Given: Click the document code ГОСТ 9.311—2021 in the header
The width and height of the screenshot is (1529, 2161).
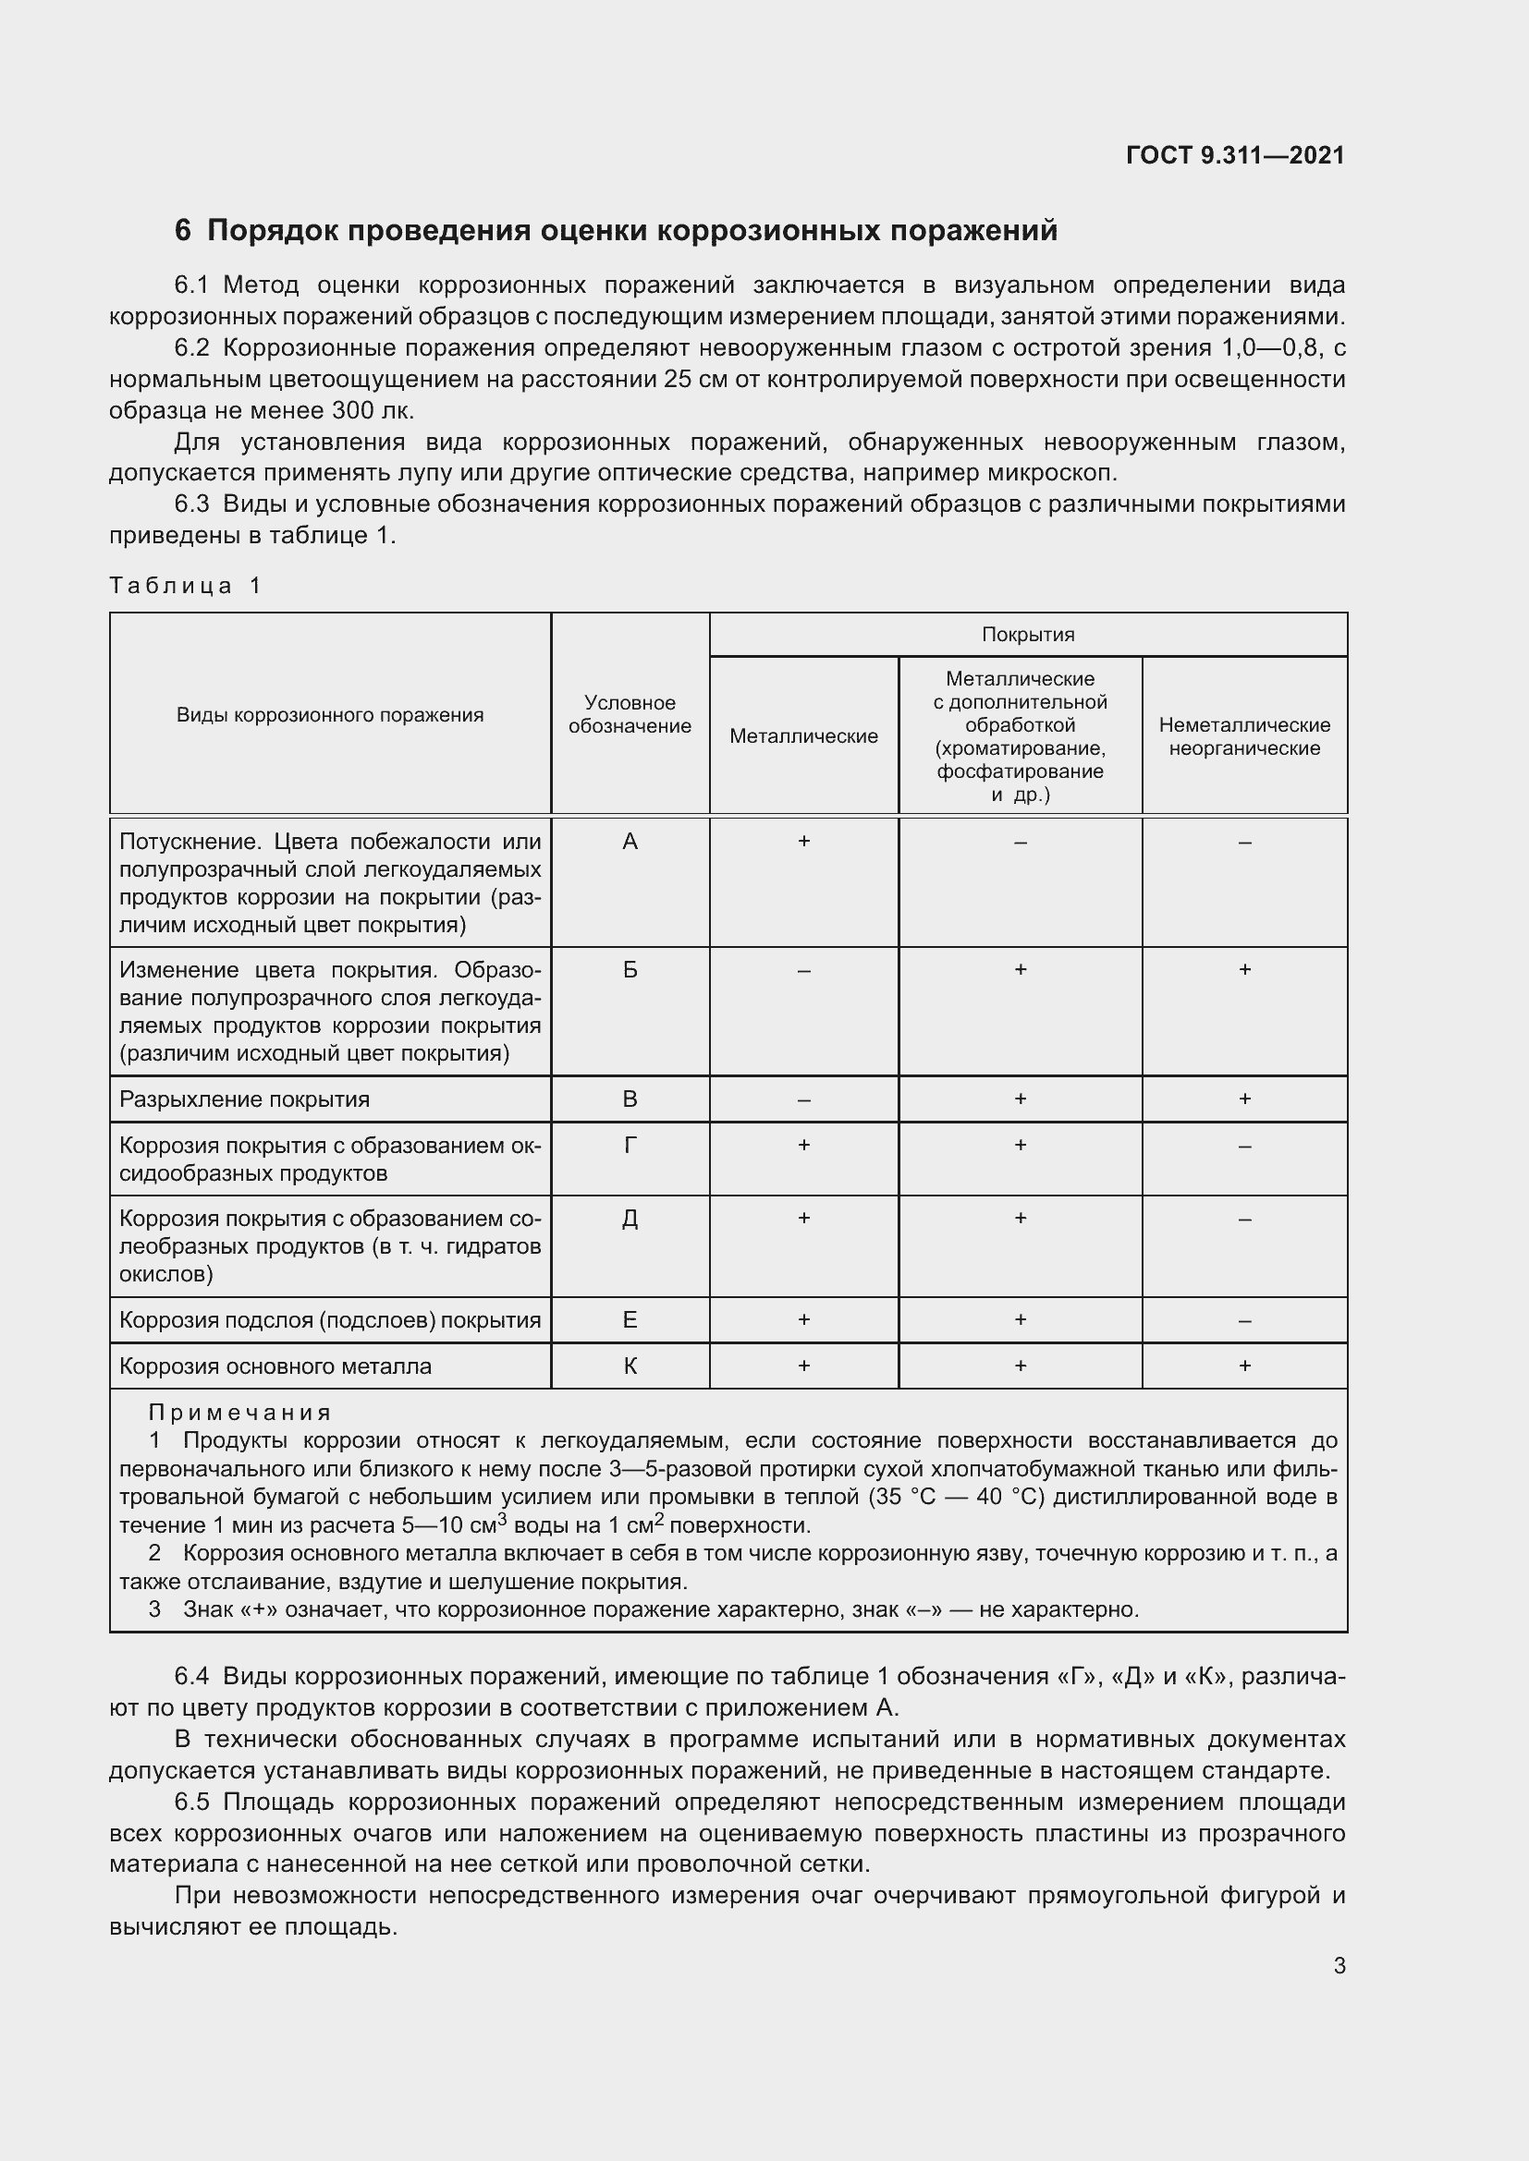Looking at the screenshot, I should coord(1234,155).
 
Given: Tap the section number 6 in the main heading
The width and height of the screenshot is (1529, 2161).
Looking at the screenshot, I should coord(183,231).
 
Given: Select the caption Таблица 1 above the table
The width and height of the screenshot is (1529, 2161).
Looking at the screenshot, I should coord(185,586).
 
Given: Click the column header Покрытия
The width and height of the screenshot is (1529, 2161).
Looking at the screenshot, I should coord(1028,635).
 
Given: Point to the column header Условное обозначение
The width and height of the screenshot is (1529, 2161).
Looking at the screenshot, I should coord(630,714).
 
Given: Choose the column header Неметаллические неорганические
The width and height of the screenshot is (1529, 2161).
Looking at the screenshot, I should coord(1244,736).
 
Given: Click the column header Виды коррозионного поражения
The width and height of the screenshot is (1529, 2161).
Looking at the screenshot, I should coord(329,714).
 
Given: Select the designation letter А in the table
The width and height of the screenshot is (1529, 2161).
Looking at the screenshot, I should coord(630,842).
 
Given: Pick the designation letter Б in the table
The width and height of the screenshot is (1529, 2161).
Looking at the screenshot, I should coord(630,969).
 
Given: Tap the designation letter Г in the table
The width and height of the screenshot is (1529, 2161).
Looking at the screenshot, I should coord(630,1146).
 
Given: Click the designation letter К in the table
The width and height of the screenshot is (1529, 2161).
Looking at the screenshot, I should coord(630,1366).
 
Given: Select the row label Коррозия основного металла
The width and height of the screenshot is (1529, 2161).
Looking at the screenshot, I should coord(275,1366).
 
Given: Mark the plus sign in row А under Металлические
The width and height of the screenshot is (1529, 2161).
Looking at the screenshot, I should coord(804,842).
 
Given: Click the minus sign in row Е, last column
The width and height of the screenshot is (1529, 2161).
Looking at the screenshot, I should coord(1244,1320).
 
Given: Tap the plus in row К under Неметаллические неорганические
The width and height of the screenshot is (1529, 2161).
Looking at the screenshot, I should coord(1244,1366).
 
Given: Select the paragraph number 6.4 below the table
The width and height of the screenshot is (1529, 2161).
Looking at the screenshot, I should coord(193,1676).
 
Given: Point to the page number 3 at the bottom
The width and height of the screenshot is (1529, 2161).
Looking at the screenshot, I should coord(1339,1965).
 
